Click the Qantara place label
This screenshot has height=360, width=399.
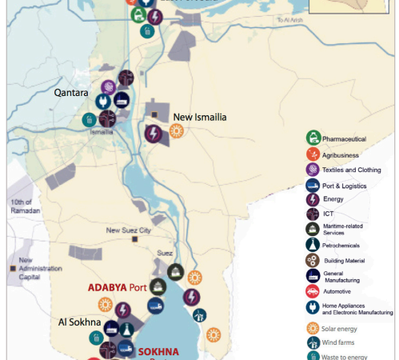pyautogui.click(x=70, y=93)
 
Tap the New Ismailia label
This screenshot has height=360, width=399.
pyautogui.click(x=200, y=117)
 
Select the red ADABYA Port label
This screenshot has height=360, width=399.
pyautogui.click(x=118, y=288)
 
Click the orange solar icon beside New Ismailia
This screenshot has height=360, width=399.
pyautogui.click(x=176, y=131)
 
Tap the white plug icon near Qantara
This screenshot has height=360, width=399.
pyautogui.click(x=102, y=102)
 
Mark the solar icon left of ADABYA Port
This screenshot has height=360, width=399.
pyautogui.click(x=105, y=304)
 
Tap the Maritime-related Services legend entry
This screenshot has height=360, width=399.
pyautogui.click(x=344, y=229)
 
